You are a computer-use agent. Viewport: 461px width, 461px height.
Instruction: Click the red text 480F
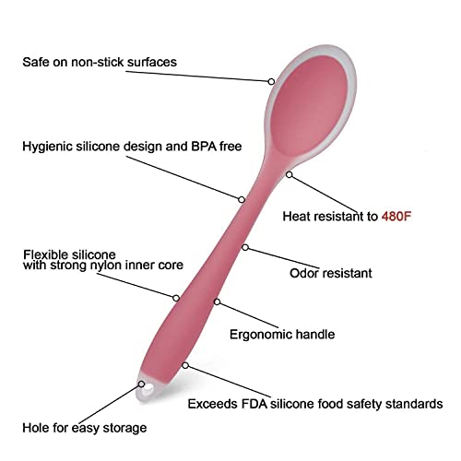pyautogui.click(x=396, y=217)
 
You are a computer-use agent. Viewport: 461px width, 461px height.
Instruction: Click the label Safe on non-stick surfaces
pyautogui.click(x=100, y=62)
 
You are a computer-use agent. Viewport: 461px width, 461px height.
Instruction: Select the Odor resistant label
pyautogui.click(x=331, y=273)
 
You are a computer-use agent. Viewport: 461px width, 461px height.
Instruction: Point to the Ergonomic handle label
pyautogui.click(x=282, y=335)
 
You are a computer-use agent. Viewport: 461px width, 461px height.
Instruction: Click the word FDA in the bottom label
pyautogui.click(x=254, y=404)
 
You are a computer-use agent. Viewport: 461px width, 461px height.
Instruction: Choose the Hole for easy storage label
pyautogui.click(x=85, y=428)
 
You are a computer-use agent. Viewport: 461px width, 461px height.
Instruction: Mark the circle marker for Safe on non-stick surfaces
pyautogui.click(x=271, y=81)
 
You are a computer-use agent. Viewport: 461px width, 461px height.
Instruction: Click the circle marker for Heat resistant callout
pyautogui.click(x=289, y=174)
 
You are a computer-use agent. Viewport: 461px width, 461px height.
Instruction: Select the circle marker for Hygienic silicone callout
pyautogui.click(x=242, y=200)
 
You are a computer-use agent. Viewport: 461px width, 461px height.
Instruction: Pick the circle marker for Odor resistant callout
pyautogui.click(x=245, y=247)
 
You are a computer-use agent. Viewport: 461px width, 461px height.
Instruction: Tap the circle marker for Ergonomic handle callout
pyautogui.click(x=217, y=301)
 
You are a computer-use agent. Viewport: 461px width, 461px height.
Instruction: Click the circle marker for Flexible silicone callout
pyautogui.click(x=176, y=298)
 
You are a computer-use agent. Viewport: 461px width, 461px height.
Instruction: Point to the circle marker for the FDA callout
pyautogui.click(x=185, y=365)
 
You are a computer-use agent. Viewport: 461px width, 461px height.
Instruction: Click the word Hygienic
pyautogui.click(x=47, y=147)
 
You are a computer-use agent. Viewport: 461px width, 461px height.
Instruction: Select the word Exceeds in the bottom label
pyautogui.click(x=212, y=404)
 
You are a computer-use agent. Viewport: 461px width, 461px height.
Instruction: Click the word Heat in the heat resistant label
pyautogui.click(x=296, y=217)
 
